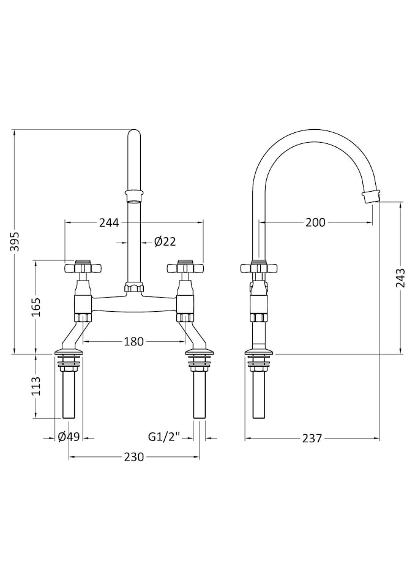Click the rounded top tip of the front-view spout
pyautogui.click(x=134, y=130)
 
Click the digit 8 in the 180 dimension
pyautogui.click(x=134, y=341)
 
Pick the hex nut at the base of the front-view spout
pyautogui.click(x=134, y=288)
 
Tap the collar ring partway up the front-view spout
pyautogui.click(x=134, y=196)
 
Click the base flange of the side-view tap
pyautogui.click(x=259, y=352)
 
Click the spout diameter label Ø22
pyautogui.click(x=165, y=242)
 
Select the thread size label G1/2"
pyautogui.click(x=165, y=437)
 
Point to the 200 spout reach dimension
pyautogui.click(x=315, y=222)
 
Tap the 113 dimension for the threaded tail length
pyautogui.click(x=36, y=386)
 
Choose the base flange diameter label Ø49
pyautogui.click(x=69, y=437)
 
